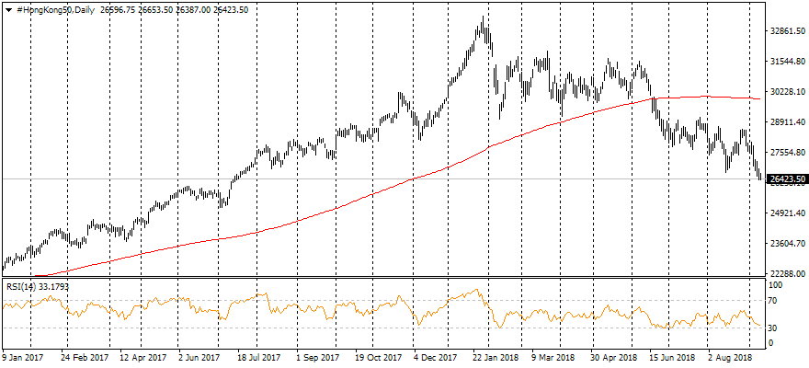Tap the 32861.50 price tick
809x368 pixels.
click(x=788, y=30)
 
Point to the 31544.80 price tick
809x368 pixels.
click(x=788, y=62)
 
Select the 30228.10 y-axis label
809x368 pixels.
click(x=788, y=92)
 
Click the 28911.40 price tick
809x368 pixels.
click(x=788, y=122)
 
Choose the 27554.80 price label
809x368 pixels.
click(x=788, y=153)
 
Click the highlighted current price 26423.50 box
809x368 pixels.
click(x=788, y=178)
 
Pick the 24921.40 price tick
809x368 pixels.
click(x=788, y=213)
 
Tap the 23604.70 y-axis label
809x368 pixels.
click(x=788, y=244)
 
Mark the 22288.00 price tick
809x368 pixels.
click(x=788, y=274)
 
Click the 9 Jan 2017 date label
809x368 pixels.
click(x=25, y=357)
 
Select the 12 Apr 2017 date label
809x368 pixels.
click(x=143, y=357)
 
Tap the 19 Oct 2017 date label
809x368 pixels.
click(x=379, y=357)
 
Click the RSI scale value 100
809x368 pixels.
click(x=775, y=286)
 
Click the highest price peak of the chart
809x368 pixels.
click(x=482, y=17)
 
